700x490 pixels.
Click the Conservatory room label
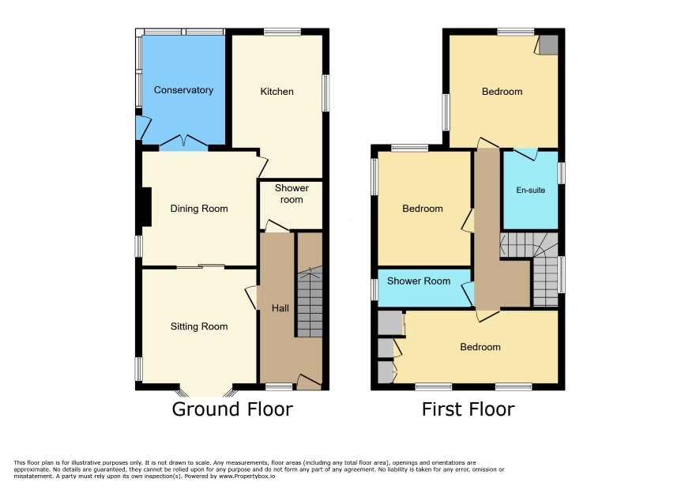183,90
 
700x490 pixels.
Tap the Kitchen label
277,92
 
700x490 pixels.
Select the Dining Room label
199,209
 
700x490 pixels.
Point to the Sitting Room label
199,326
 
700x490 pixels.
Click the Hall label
280,308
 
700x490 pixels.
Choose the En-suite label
530,190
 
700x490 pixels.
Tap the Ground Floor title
232,409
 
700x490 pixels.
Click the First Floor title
469,409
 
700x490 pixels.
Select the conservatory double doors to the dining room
183,141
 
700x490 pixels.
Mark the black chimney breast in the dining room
146,207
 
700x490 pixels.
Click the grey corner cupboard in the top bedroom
548,45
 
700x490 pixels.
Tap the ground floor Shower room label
292,194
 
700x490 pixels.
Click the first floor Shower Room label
419,281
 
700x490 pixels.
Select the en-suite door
525,153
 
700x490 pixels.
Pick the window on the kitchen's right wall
326,93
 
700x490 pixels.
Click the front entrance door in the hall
309,381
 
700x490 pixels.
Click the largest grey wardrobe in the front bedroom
390,322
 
